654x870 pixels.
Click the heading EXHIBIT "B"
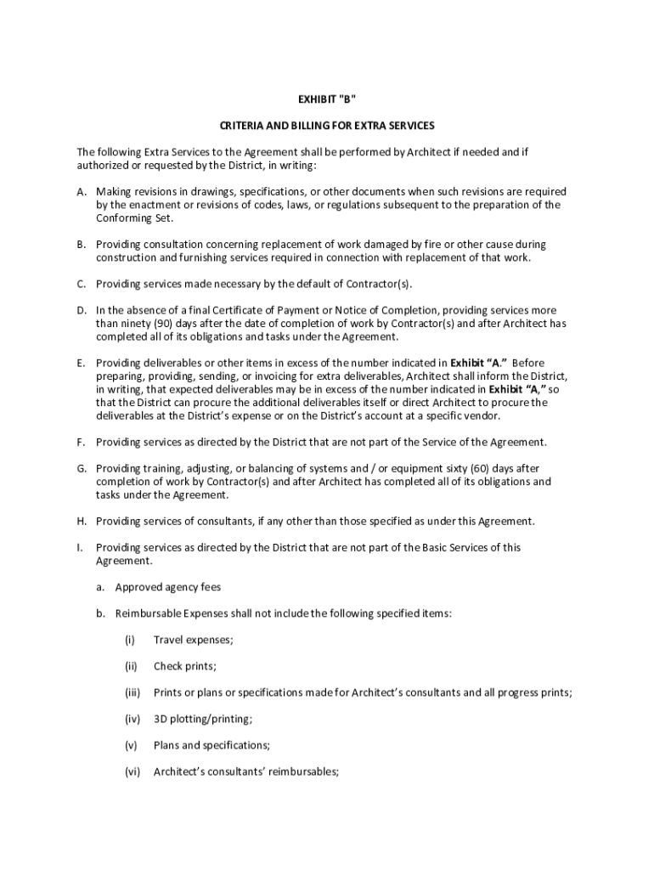coord(327,99)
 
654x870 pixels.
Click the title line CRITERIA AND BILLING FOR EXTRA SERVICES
coord(327,125)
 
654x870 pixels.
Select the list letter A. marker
coord(82,192)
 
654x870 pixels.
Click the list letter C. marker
coord(82,284)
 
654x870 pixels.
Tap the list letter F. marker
coord(82,442)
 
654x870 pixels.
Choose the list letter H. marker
coord(82,521)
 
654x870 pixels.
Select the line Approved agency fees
coord(168,587)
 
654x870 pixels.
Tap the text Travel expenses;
coord(193,640)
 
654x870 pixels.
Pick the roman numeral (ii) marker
coord(131,666)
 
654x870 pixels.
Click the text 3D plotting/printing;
coord(202,719)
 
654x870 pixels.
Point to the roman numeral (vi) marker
coord(132,771)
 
